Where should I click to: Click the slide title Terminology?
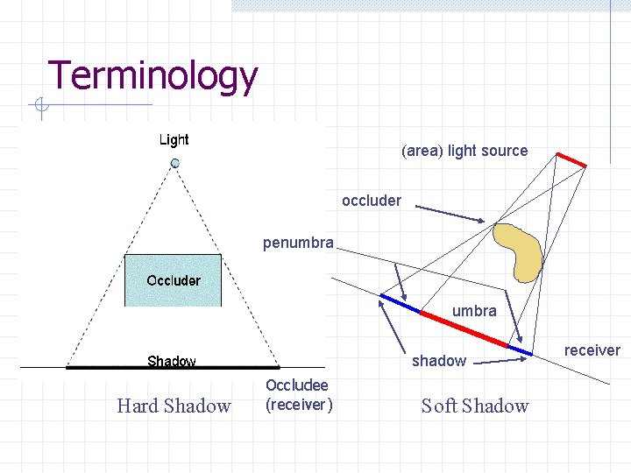coord(152,76)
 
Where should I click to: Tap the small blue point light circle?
coord(174,164)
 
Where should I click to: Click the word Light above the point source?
coord(174,139)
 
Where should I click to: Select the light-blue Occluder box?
coord(173,280)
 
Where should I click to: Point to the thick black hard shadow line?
coord(173,367)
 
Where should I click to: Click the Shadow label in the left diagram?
coord(172,360)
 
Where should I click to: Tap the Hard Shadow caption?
coord(174,406)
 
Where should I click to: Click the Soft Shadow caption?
coord(475,406)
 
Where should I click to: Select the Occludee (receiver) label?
coord(298,395)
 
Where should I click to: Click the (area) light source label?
coord(464,151)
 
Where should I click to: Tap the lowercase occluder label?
coord(372,201)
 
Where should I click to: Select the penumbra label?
coord(298,243)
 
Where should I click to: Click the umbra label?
coord(474,311)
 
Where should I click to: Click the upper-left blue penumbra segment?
coord(399,303)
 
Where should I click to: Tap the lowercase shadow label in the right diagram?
coord(439,361)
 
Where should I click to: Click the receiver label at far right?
coord(592,350)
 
